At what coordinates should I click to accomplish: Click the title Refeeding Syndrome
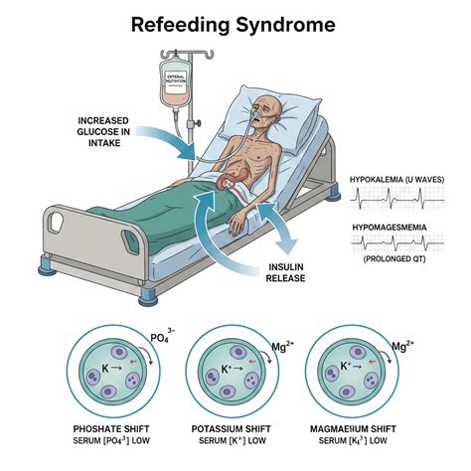pyautogui.click(x=234, y=25)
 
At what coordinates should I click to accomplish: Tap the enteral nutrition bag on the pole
pyautogui.click(x=174, y=84)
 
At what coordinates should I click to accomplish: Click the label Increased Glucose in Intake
pyautogui.click(x=103, y=132)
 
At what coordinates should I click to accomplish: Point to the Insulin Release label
pyautogui.click(x=285, y=272)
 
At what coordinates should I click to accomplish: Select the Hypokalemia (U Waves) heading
pyautogui.click(x=397, y=180)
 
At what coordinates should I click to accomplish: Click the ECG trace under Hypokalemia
pyautogui.click(x=397, y=199)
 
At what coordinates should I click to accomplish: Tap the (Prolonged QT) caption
pyautogui.click(x=394, y=258)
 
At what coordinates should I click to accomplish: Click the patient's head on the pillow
pyautogui.click(x=267, y=111)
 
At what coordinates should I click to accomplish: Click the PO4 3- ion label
pyautogui.click(x=162, y=336)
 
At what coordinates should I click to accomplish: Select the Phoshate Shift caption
pyautogui.click(x=111, y=429)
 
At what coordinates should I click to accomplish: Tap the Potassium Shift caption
pyautogui.click(x=232, y=429)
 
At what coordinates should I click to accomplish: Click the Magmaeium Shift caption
pyautogui.click(x=353, y=429)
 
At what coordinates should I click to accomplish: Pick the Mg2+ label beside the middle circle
pyautogui.click(x=282, y=346)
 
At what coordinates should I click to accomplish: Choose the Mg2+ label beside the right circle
pyautogui.click(x=402, y=346)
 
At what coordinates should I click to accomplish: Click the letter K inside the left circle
pyautogui.click(x=105, y=368)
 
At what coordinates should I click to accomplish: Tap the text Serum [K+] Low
pyautogui.click(x=233, y=441)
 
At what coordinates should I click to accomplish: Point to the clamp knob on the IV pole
pyautogui.click(x=198, y=123)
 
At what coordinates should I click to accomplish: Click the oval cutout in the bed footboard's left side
pyautogui.click(x=56, y=222)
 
